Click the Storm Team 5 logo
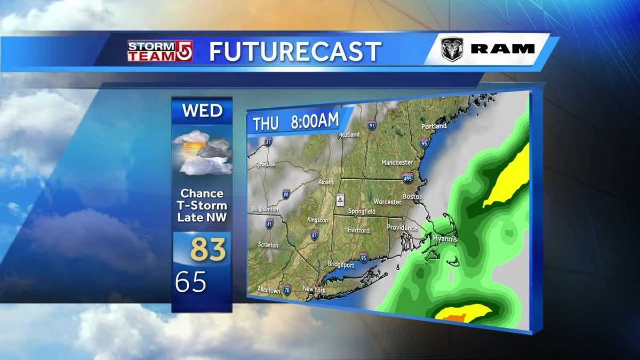click(x=159, y=51)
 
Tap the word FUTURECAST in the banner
click(x=295, y=52)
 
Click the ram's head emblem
click(x=452, y=49)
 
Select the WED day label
click(x=202, y=111)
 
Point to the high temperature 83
click(x=209, y=250)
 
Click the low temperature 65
click(x=190, y=282)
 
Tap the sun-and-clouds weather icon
click(x=202, y=153)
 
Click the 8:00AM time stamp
click(x=315, y=121)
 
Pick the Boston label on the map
click(x=412, y=197)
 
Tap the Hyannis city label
click(x=444, y=239)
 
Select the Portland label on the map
click(x=434, y=126)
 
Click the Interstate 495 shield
click(x=407, y=177)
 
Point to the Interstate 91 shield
click(x=372, y=126)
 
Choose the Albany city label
click(x=325, y=182)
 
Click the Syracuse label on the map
click(x=265, y=164)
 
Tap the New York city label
click(x=314, y=289)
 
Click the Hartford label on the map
click(x=358, y=230)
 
